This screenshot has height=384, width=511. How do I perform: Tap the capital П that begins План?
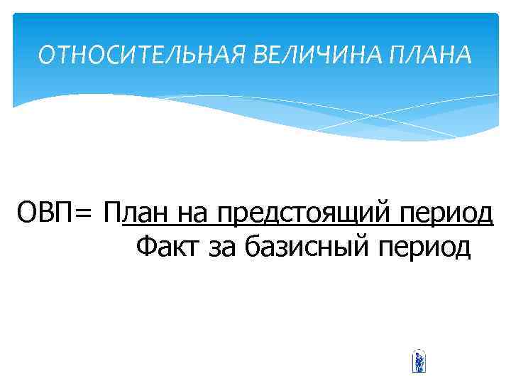111,212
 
